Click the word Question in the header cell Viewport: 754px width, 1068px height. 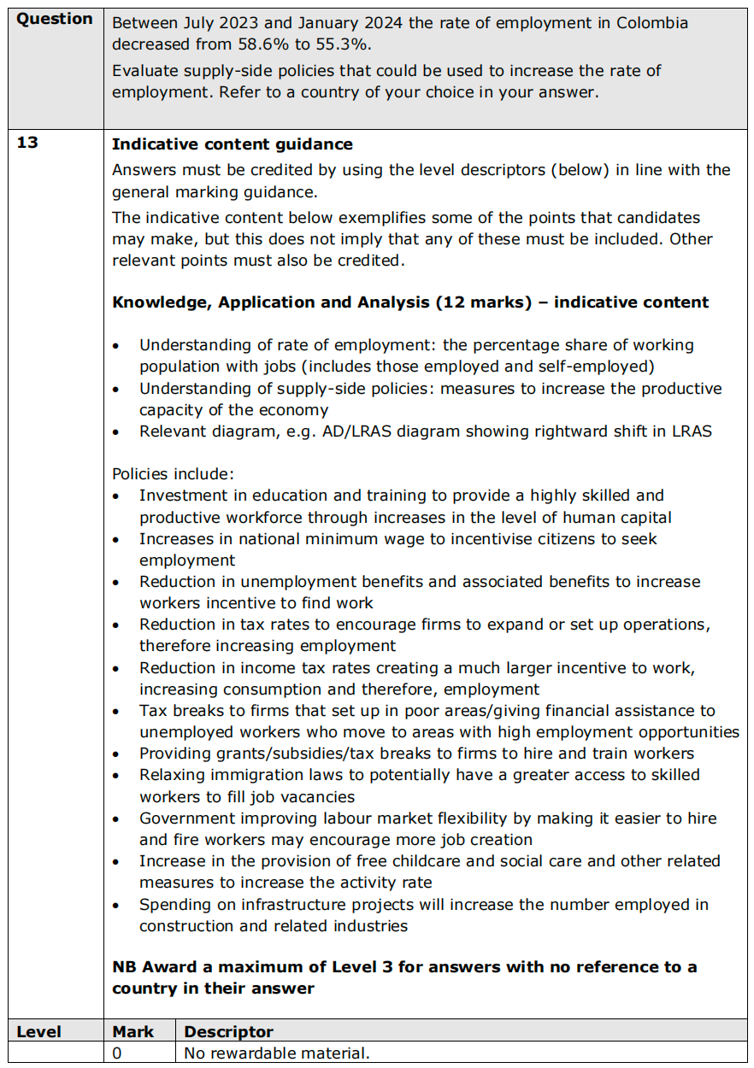pyautogui.click(x=55, y=19)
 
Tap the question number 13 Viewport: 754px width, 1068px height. pyautogui.click(x=27, y=143)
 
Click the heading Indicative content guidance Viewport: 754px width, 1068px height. pyautogui.click(x=232, y=144)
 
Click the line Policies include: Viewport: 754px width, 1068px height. pyautogui.click(x=173, y=473)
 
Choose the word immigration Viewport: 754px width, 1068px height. pyautogui.click(x=231, y=775)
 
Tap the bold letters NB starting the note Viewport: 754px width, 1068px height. pyautogui.click(x=125, y=967)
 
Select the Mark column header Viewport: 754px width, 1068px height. pyautogui.click(x=133, y=1031)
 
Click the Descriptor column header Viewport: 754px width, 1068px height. pyautogui.click(x=228, y=1031)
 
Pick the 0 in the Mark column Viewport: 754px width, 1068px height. pyautogui.click(x=117, y=1053)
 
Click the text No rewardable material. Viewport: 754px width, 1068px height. pyautogui.click(x=277, y=1053)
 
